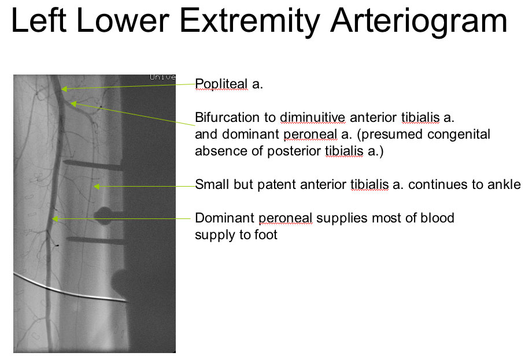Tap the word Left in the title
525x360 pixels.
39,21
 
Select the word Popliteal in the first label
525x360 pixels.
221,84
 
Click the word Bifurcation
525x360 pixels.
235,117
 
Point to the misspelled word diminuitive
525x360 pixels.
312,117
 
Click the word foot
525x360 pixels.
265,235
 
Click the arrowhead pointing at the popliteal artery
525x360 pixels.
64,88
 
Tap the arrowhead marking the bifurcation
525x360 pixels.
73,103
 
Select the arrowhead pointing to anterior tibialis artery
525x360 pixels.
97,187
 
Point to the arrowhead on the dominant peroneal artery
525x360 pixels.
56,219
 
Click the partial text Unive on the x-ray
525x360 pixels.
162,77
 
